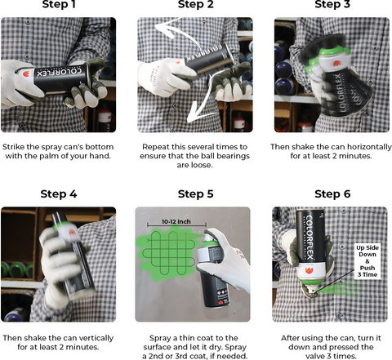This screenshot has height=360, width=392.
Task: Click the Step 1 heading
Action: [x=59, y=4]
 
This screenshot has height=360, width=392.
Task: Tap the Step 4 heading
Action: [x=59, y=194]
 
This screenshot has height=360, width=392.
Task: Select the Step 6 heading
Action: [x=332, y=194]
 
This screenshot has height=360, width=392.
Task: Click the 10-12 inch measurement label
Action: [x=176, y=221]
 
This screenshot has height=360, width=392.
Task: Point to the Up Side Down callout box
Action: [x=367, y=261]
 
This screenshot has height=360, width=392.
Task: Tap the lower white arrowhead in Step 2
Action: [x=195, y=113]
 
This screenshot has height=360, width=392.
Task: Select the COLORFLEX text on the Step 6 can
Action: [x=310, y=237]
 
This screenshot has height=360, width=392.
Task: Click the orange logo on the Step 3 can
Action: [x=336, y=64]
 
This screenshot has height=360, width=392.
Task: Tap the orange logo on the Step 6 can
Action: [x=309, y=271]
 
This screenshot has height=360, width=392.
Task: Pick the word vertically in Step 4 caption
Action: [x=96, y=338]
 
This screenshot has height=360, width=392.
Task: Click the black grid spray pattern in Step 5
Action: [x=169, y=253]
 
